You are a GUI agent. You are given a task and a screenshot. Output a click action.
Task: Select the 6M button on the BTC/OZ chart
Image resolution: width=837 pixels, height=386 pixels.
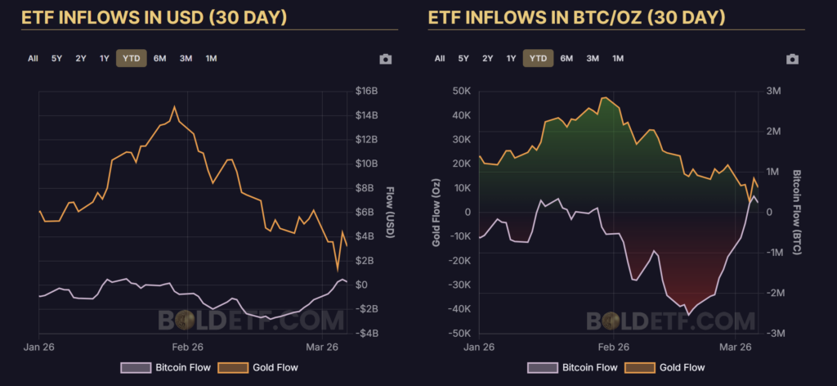[x=566, y=58]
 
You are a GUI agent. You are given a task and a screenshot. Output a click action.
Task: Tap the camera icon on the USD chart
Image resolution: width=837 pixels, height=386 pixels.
[x=385, y=59]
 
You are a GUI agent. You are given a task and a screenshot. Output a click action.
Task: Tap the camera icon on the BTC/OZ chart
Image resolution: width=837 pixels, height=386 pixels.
[x=791, y=59]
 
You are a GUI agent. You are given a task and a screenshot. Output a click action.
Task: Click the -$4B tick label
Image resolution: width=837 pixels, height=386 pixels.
[x=365, y=334]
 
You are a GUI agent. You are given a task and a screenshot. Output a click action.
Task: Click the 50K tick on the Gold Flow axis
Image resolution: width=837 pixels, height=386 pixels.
[x=461, y=91]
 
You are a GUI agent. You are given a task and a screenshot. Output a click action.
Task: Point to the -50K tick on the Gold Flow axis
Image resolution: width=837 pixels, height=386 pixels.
[x=459, y=334]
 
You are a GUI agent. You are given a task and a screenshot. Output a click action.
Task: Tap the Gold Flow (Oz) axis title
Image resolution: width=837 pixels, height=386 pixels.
[x=437, y=212]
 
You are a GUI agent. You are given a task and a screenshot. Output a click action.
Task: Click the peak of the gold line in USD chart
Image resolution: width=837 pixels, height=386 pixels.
[x=174, y=106]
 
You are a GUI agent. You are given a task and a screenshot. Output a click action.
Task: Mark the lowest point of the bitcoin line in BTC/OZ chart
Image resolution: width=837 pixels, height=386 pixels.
[x=688, y=314]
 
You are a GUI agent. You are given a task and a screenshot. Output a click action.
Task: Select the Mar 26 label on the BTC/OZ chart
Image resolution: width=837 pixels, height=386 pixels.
[x=734, y=347]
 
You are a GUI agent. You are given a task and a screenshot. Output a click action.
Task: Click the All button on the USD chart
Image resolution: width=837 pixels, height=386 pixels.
[x=33, y=58]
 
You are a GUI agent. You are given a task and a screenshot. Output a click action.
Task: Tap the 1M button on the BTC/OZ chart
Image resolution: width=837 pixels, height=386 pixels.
[x=618, y=58]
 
